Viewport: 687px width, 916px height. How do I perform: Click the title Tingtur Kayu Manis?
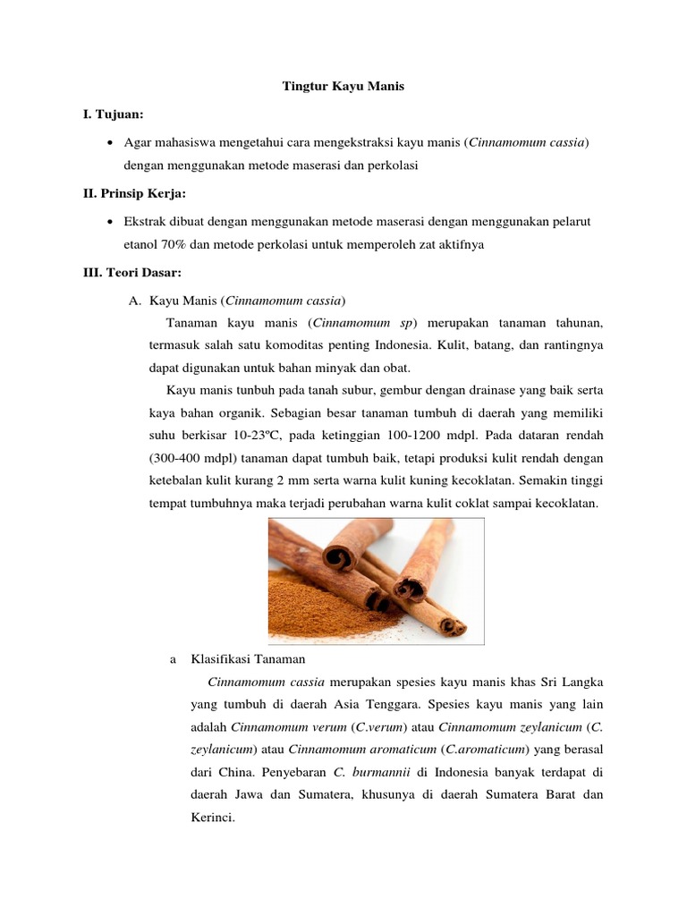tap(343, 87)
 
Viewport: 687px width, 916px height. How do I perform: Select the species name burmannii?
tap(381, 771)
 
